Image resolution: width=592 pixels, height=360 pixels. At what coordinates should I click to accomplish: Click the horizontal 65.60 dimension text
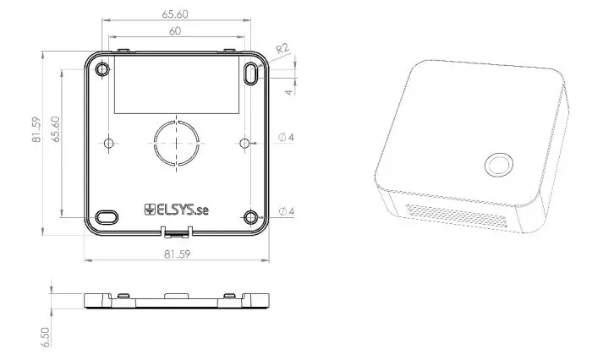pos(176,14)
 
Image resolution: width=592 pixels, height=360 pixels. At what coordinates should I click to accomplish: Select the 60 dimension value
pos(175,31)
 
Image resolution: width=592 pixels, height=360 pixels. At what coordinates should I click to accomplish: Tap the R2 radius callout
pos(282,49)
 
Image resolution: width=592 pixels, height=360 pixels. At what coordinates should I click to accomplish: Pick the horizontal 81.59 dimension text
pos(176,254)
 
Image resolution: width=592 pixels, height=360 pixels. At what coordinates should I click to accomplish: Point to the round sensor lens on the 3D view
pos(496,165)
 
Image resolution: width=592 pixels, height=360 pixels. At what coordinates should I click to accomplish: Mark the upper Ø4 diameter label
pos(286,138)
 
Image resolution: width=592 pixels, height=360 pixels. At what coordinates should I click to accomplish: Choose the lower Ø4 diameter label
pos(286,210)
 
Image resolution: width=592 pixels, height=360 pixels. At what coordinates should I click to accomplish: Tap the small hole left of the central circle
pos(107,143)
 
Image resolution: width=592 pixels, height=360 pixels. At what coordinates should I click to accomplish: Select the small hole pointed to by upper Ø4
pos(244,144)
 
